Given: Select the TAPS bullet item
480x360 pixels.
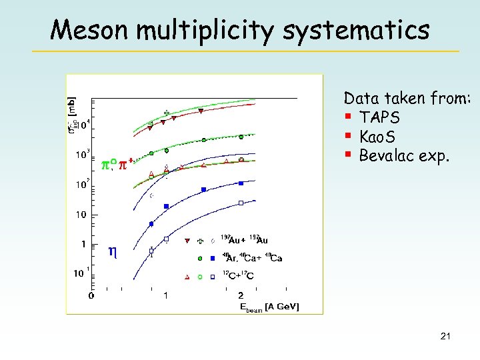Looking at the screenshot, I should pos(379,117).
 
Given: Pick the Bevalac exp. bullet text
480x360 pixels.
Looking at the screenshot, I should pos(405,156).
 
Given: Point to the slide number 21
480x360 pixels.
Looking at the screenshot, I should pos(445,337).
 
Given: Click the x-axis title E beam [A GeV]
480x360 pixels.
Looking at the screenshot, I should pos(269,307).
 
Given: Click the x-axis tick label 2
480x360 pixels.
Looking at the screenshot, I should pos(241,295).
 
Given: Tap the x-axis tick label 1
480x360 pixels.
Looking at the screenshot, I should pos(166,295).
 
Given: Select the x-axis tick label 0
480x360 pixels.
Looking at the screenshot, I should pos(91,295).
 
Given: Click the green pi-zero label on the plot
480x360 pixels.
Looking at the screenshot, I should pos(113,164).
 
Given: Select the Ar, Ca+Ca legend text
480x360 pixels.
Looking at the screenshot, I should pos(253,258).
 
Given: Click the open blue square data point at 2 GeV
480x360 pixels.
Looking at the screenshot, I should pos(241,203).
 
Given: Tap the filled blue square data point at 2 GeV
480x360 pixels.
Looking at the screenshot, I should pos(241,182).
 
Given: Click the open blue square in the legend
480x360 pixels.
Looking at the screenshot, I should pos(212,276).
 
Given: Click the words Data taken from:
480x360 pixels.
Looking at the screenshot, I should pos(407,99).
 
